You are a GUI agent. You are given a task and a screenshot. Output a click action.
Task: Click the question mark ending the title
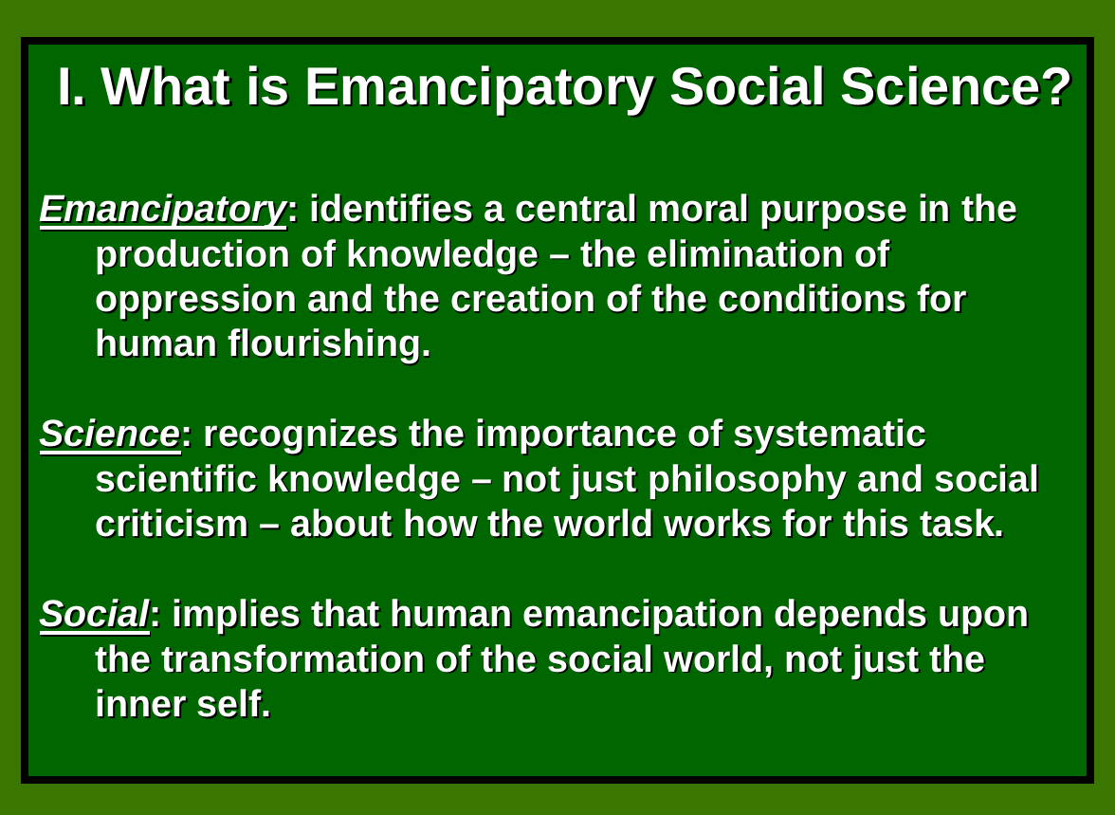point(1055,87)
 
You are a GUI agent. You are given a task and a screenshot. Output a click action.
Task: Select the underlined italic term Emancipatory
point(162,210)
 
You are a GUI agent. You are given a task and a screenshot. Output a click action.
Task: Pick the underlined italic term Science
point(109,435)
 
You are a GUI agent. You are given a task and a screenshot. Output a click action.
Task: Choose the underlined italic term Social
point(94,615)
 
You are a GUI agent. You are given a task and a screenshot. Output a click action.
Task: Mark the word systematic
point(829,435)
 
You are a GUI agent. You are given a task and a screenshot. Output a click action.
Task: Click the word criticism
point(172,524)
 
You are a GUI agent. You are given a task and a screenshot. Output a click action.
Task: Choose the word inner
point(134,704)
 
